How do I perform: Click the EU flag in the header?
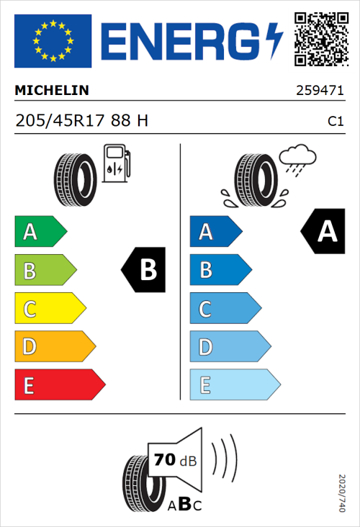tap(53, 40)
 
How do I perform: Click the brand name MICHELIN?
tap(52, 91)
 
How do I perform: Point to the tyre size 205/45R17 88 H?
tap(81, 121)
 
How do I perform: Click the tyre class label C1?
tap(336, 122)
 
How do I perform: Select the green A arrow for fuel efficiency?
tap(40, 232)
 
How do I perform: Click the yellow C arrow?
tap(49, 310)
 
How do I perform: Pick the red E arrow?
tap(59, 385)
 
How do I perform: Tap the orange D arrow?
tap(54, 348)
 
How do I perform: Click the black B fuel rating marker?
tap(144, 271)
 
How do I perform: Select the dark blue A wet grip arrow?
tap(215, 232)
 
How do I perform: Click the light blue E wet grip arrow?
tap(233, 385)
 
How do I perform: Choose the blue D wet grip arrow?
tap(229, 348)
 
